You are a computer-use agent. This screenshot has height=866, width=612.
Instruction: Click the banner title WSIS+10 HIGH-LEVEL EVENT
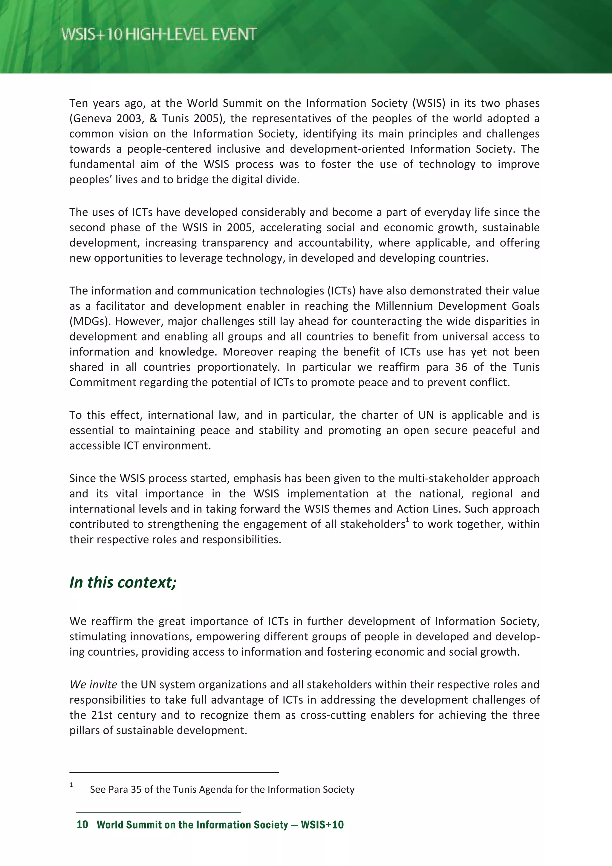(x=159, y=34)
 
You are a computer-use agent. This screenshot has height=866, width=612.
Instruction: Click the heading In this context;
(x=123, y=582)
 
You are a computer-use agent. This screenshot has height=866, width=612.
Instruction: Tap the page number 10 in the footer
(x=82, y=824)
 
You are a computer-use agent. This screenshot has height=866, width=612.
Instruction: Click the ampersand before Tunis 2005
(x=153, y=118)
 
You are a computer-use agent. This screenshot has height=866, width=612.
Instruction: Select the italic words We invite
(x=93, y=685)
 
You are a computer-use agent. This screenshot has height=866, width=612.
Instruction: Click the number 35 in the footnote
(x=136, y=789)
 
